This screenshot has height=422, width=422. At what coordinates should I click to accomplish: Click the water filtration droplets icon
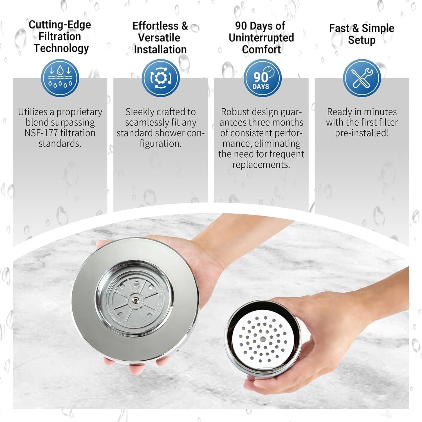click(x=60, y=78)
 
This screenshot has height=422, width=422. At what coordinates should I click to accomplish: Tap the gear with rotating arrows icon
click(x=161, y=78)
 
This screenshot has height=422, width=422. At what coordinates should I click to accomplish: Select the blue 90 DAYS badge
click(x=262, y=78)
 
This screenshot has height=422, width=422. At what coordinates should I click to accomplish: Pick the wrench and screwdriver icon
click(x=362, y=78)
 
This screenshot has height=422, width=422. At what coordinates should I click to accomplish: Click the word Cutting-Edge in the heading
click(x=60, y=25)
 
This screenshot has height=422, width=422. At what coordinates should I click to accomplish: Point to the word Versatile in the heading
click(x=159, y=37)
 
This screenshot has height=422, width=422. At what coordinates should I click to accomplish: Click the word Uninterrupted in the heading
click(x=261, y=37)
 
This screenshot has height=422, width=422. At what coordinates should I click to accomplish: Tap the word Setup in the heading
click(x=362, y=40)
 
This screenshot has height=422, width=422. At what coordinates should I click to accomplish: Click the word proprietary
click(x=79, y=112)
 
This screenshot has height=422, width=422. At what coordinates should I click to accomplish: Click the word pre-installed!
click(x=362, y=133)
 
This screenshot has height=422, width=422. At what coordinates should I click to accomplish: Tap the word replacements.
click(x=261, y=165)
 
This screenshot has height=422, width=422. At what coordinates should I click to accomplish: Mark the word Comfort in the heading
click(x=261, y=50)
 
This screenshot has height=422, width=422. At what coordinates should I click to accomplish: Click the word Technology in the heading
click(x=61, y=48)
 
